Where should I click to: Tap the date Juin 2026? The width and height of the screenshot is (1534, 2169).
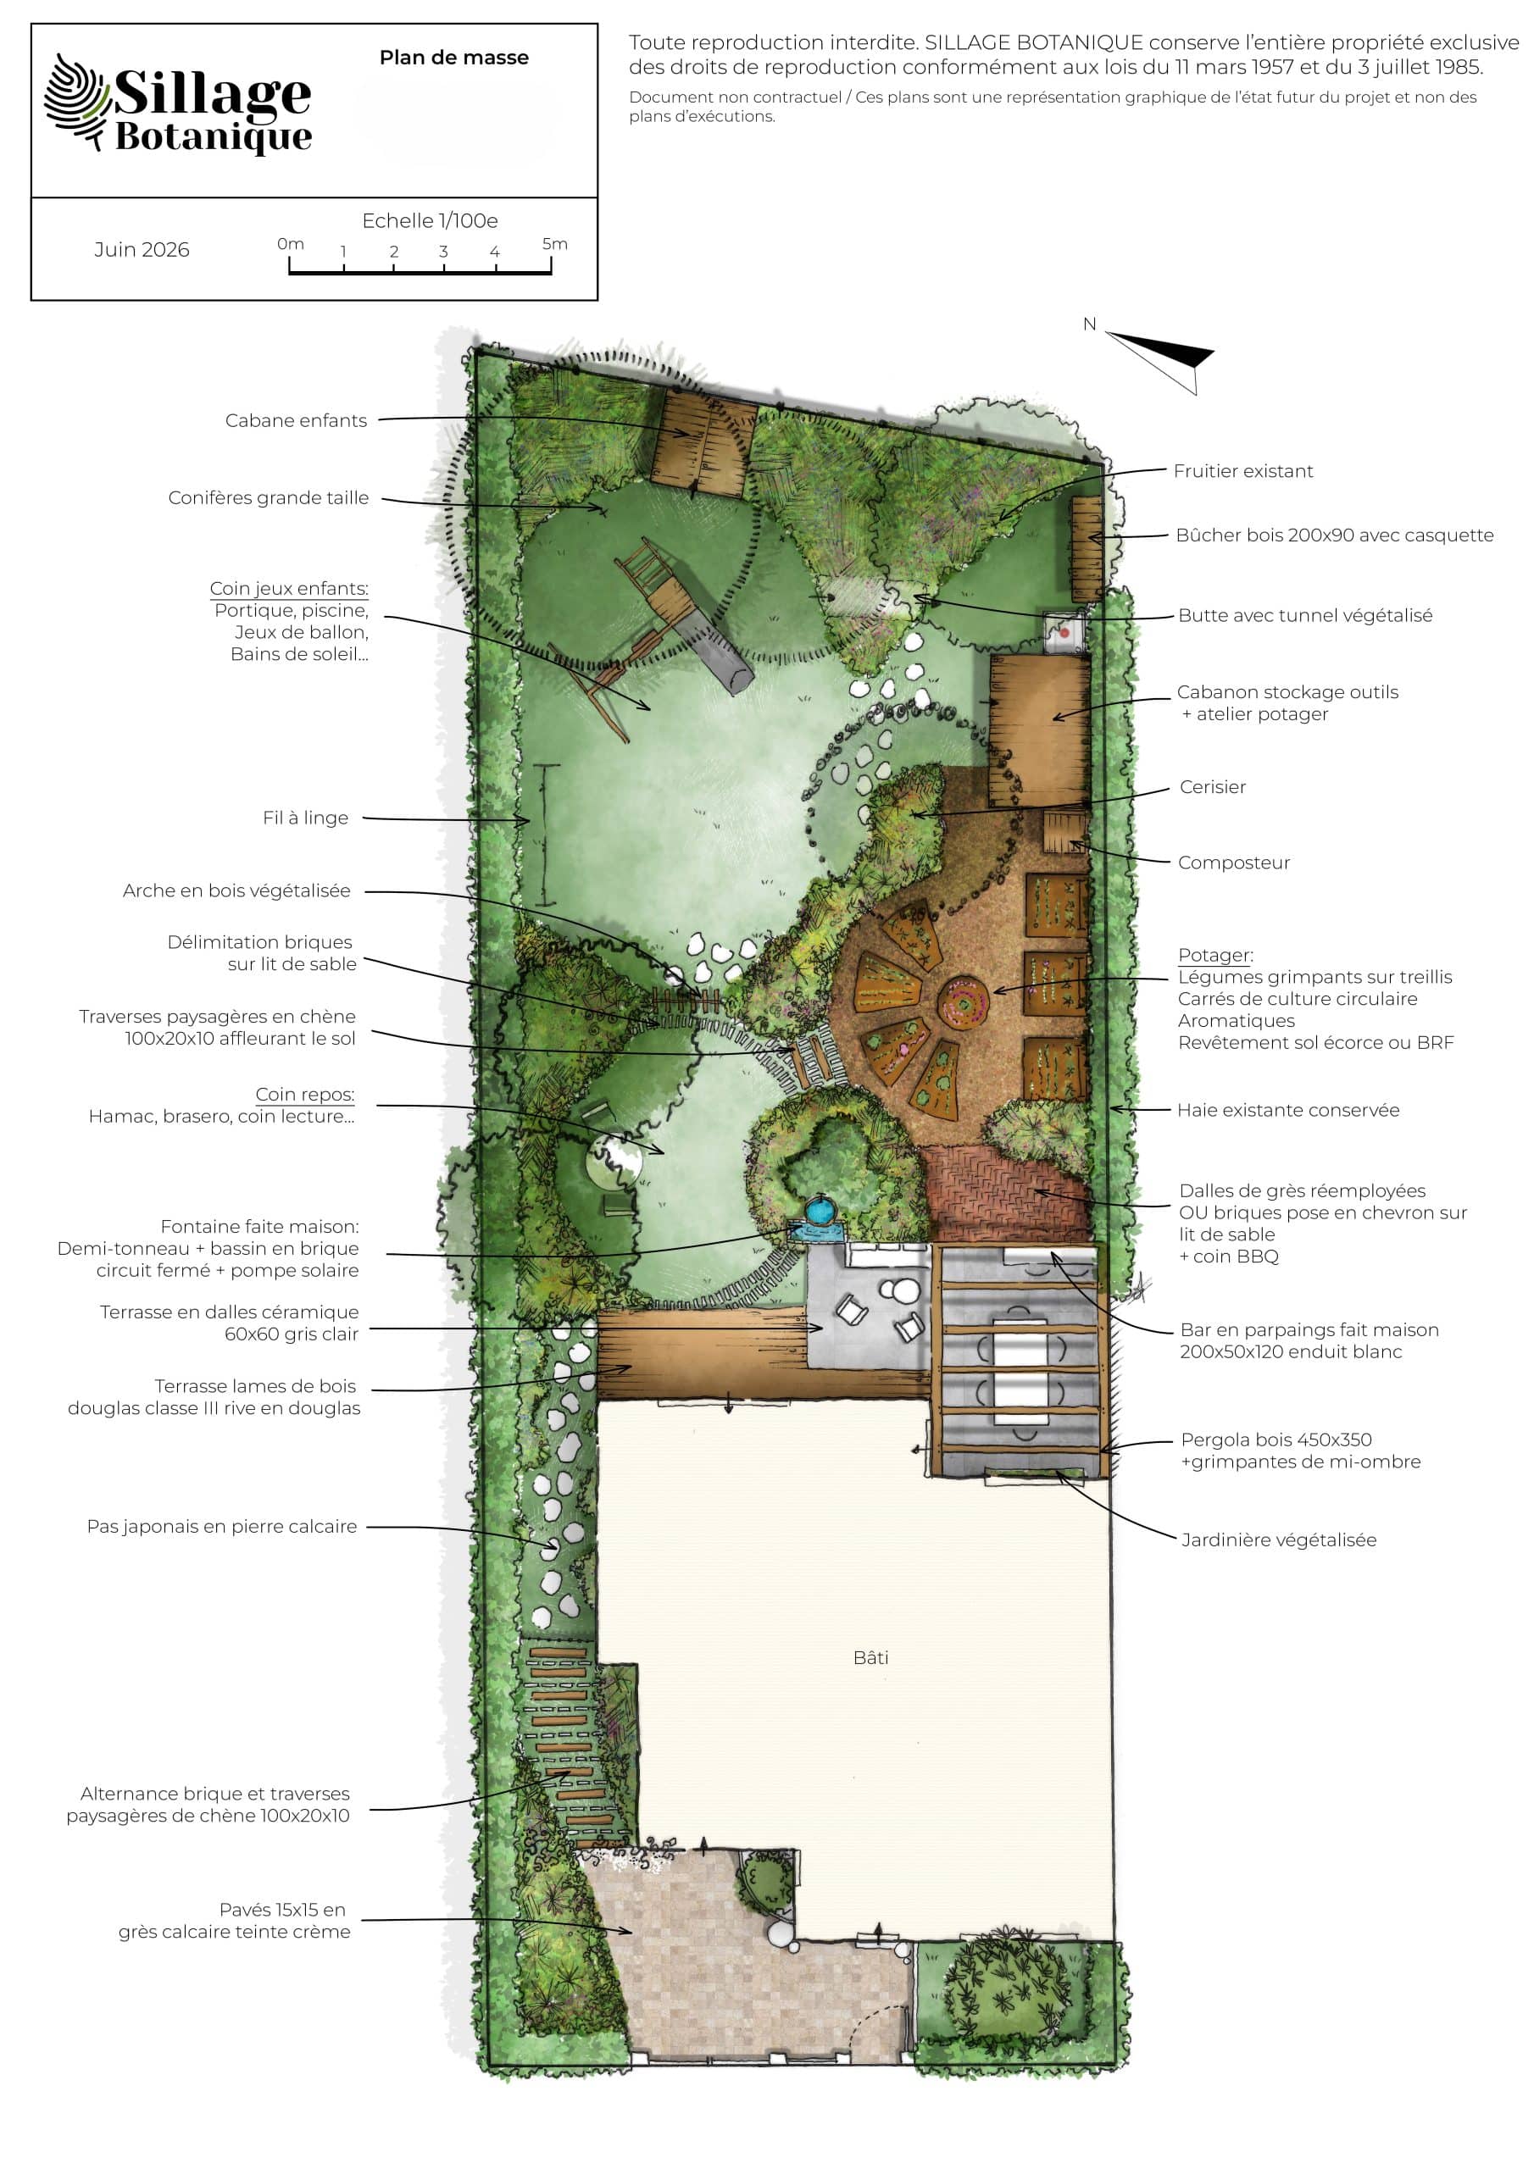(142, 249)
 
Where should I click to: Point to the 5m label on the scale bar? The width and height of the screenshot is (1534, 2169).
(555, 244)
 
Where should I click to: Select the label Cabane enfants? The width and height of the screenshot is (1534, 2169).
(296, 420)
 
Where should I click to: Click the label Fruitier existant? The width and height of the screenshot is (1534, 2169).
(1243, 470)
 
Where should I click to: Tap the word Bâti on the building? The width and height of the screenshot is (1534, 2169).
(870, 1657)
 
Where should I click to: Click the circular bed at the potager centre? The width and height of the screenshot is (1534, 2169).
(963, 1000)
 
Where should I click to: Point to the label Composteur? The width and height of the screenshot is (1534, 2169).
(1233, 863)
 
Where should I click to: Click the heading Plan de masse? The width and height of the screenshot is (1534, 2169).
(453, 58)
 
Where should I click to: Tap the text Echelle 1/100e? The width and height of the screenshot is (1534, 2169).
(430, 220)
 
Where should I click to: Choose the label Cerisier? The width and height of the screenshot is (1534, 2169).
(1213, 787)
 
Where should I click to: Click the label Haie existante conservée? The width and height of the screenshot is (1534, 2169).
(1288, 1110)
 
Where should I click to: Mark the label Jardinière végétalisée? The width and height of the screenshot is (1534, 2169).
(1279, 1539)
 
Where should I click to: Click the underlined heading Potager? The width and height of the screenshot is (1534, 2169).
(1215, 955)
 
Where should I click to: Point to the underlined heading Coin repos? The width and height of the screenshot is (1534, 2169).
(305, 1094)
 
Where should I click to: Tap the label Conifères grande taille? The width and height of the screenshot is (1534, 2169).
(269, 498)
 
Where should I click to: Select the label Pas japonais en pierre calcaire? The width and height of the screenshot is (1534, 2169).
(222, 1526)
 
